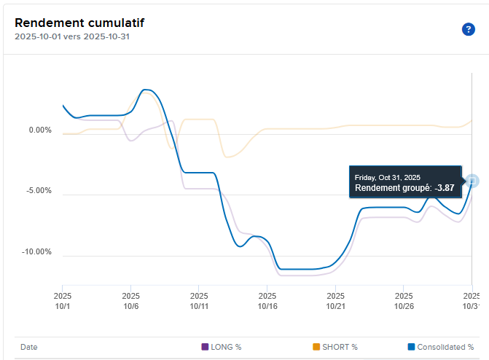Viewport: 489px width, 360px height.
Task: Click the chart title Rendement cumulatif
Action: [x=71, y=22]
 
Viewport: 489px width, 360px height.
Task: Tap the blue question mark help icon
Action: [x=468, y=29]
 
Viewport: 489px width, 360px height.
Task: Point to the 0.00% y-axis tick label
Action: [x=40, y=130]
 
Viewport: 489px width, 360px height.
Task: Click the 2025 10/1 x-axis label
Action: [x=63, y=301]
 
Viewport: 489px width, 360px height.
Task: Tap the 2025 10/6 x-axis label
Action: [x=130, y=301]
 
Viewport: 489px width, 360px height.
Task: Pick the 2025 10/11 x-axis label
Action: [x=199, y=301]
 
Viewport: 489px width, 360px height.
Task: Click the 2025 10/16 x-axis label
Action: [x=267, y=301]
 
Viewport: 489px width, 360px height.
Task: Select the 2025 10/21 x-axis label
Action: [x=336, y=301]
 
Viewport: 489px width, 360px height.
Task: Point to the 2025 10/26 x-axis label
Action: [x=404, y=301]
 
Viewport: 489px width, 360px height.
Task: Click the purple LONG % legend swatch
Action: [x=205, y=347]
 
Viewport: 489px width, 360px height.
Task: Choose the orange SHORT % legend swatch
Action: [x=316, y=347]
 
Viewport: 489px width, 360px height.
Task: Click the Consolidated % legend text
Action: [x=445, y=347]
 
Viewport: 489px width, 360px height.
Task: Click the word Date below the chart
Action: [x=28, y=347]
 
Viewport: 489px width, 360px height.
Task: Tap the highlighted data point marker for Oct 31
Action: [x=472, y=181]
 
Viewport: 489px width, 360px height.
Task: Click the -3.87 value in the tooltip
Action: [x=445, y=188]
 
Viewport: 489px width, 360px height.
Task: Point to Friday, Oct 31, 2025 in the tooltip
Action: [x=388, y=177]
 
